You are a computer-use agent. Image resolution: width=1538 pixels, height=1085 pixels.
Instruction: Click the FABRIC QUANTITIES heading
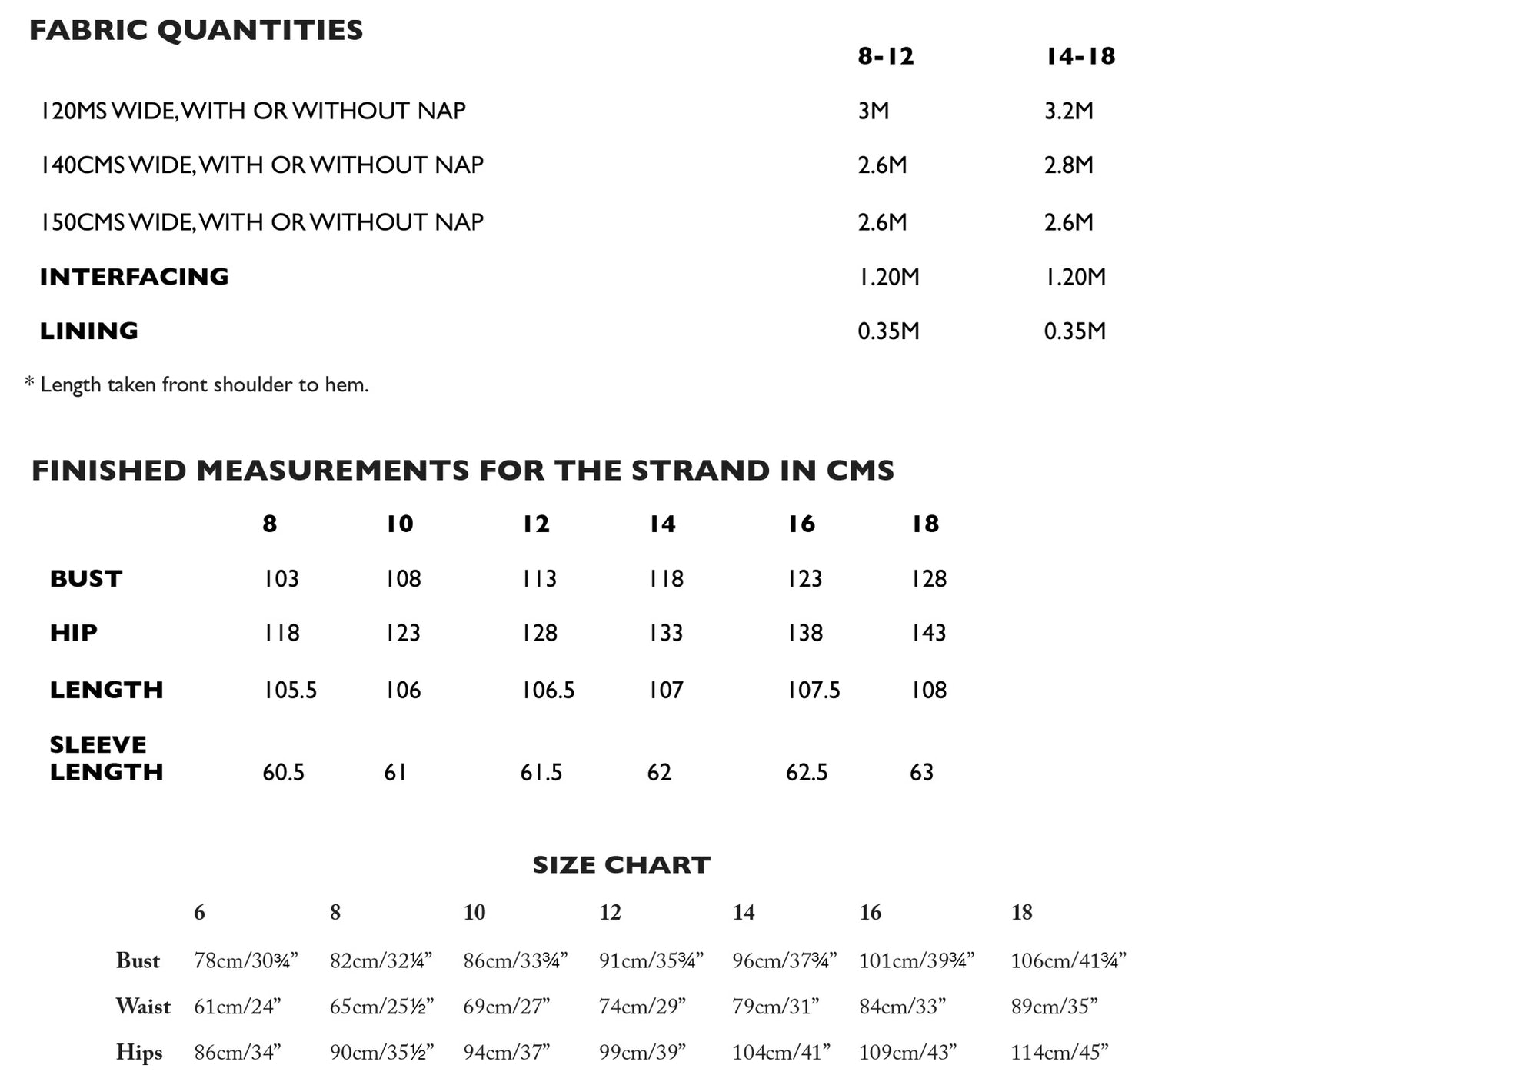coord(195,31)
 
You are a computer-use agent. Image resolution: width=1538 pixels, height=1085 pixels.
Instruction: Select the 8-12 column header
coord(885,56)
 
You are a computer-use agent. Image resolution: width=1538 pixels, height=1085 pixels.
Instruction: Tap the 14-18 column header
coord(1080,56)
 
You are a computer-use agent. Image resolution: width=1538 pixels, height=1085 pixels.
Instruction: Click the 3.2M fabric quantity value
coord(1068,111)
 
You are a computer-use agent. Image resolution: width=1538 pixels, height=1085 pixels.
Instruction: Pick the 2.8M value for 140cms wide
coord(1068,165)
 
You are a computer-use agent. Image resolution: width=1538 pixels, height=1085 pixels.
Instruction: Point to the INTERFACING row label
coord(134,277)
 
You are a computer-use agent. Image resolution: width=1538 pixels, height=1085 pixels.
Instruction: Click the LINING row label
coord(88,331)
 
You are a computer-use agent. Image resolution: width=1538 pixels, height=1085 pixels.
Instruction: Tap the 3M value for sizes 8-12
coord(874,111)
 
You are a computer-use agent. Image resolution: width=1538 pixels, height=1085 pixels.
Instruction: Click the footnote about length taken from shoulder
coord(197,384)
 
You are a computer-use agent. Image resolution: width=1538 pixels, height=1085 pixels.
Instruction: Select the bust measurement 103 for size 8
coord(281,579)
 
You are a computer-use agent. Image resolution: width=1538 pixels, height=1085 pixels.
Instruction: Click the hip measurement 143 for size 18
coord(928,634)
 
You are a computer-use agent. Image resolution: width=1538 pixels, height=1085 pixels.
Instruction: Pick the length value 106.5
coord(548,691)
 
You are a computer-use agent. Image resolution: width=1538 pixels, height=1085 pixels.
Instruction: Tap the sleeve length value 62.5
coord(807,772)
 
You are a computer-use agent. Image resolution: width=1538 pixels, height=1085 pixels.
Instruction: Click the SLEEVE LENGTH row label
coord(106,758)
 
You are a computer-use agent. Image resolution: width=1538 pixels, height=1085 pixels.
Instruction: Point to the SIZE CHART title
coord(621,865)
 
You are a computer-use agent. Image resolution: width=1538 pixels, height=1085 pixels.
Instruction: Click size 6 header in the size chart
coord(199,913)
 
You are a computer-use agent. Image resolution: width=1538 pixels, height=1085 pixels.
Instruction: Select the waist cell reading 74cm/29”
coord(642,1007)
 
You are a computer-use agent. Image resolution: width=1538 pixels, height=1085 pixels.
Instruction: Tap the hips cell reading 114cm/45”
coord(1059,1052)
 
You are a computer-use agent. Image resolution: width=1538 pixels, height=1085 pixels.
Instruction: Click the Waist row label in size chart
coord(143,1007)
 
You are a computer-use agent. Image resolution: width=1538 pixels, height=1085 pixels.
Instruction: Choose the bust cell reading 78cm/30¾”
coord(245,960)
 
